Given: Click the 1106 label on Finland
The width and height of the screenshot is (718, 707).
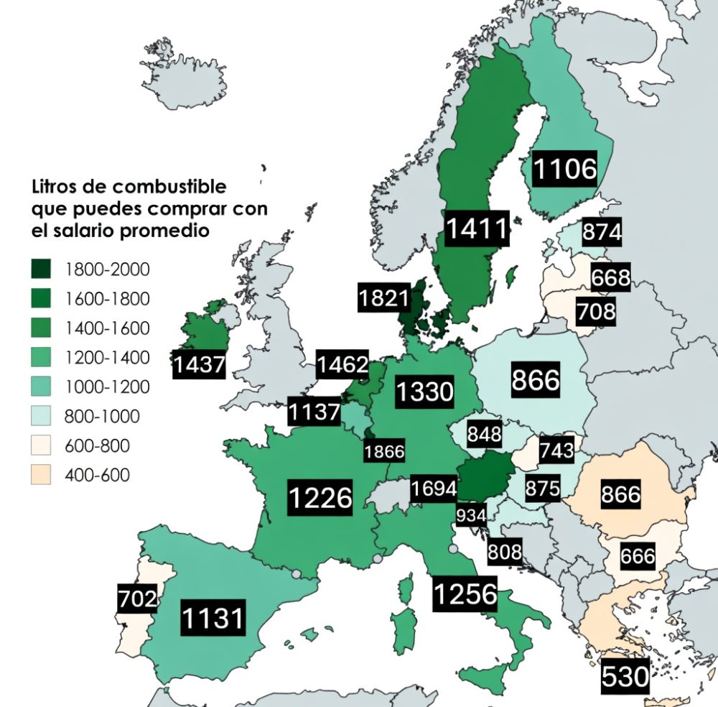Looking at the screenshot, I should pos(565,169).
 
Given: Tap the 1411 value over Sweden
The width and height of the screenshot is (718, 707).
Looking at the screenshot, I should pos(477,228).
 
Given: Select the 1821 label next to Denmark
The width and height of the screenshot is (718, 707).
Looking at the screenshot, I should pos(384,297).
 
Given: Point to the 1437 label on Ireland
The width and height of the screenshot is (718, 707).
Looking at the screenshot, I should pos(199,365).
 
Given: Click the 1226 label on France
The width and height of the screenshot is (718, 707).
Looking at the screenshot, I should pos(320,497).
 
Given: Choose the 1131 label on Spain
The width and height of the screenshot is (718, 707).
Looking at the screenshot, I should pos(213,618).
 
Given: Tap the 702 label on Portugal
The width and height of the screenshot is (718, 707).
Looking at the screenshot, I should pos(138,599).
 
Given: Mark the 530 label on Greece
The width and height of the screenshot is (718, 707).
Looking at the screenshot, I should pos(625,676).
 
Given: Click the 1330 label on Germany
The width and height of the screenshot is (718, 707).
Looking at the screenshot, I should pos(425,392).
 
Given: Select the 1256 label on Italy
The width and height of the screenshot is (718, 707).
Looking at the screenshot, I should pos(465,593).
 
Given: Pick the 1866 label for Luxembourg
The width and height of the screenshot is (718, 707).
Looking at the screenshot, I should pos(384,452).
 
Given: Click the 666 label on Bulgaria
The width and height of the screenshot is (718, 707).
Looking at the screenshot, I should pos(638,555).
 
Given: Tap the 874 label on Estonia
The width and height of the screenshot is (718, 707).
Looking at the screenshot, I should pos(602,233).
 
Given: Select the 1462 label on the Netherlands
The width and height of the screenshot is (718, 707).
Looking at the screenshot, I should pos(343,364).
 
